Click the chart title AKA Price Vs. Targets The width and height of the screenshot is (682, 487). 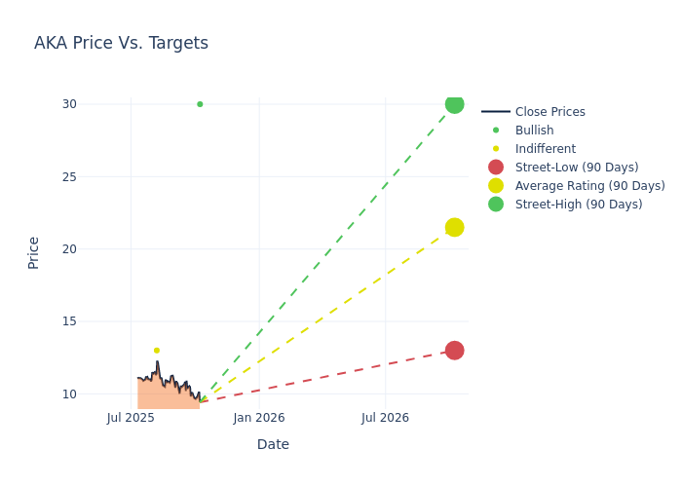pyautogui.click(x=121, y=43)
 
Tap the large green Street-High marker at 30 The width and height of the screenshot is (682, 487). pyautogui.click(x=454, y=104)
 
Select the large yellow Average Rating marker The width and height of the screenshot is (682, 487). pyautogui.click(x=454, y=227)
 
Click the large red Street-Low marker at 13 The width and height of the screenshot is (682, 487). pyautogui.click(x=454, y=351)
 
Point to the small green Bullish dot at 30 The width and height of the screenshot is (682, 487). pyautogui.click(x=200, y=104)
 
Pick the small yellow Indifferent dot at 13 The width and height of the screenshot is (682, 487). pyautogui.click(x=156, y=351)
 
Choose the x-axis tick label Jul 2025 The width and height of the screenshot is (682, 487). pyautogui.click(x=131, y=418)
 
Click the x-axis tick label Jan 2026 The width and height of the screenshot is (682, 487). pyautogui.click(x=259, y=418)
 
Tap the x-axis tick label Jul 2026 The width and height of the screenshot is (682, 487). pyautogui.click(x=386, y=418)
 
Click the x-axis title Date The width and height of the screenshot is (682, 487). pyautogui.click(x=273, y=444)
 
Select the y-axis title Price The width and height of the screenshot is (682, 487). pyautogui.click(x=34, y=252)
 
